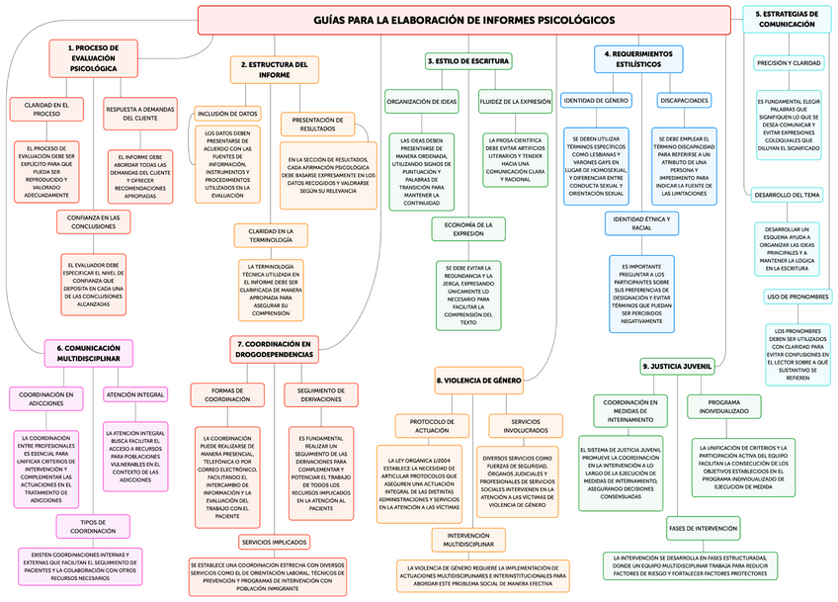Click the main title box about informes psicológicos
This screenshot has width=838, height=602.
click(x=463, y=20)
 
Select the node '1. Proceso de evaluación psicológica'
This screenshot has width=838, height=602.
click(x=93, y=58)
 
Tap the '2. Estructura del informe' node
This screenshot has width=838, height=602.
click(x=275, y=69)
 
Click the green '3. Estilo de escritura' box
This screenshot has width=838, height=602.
click(x=467, y=61)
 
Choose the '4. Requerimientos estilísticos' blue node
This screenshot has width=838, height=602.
click(x=637, y=58)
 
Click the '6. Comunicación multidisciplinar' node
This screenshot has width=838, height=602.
click(x=88, y=353)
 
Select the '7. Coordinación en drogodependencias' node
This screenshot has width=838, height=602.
click(x=275, y=349)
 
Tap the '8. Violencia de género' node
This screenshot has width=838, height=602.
click(x=478, y=380)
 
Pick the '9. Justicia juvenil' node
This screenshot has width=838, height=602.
click(x=677, y=366)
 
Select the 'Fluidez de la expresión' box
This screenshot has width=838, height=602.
click(x=515, y=101)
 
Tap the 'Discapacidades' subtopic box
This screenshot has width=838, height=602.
click(x=684, y=101)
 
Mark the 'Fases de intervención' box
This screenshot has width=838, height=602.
click(x=704, y=528)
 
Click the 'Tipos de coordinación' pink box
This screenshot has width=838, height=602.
click(x=92, y=526)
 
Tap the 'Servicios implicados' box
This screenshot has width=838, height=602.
click(x=275, y=542)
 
